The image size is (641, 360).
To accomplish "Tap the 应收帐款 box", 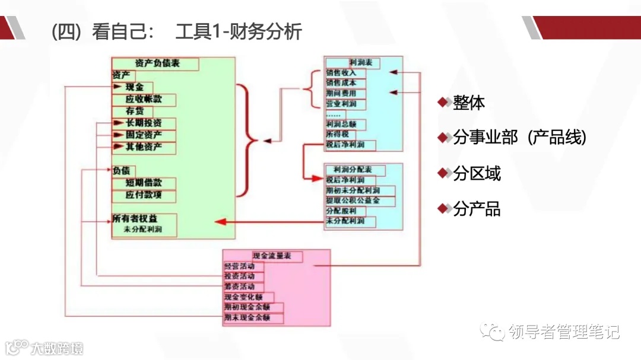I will [x=144, y=100].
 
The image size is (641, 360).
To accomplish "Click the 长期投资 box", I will [x=144, y=123].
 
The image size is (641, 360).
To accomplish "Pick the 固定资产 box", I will [x=144, y=135].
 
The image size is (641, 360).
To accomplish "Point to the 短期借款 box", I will [x=144, y=183].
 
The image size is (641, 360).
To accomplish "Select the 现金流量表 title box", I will [x=272, y=256].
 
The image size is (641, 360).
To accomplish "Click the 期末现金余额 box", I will [x=253, y=318].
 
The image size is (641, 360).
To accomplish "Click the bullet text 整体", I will [x=469, y=103].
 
